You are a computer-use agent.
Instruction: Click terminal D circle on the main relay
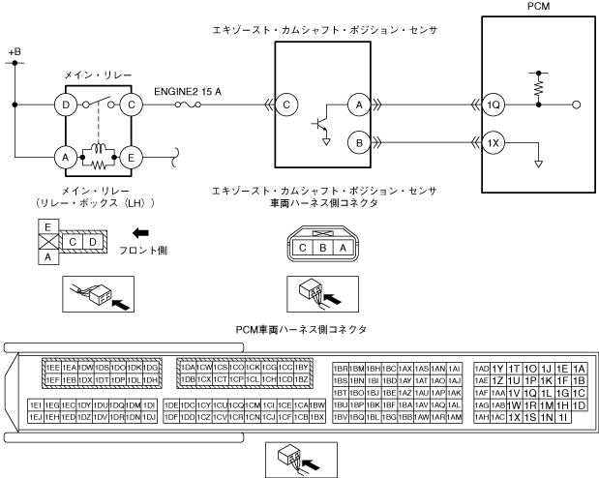pyautogui.click(x=65, y=105)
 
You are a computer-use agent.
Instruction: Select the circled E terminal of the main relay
pyautogui.click(x=133, y=155)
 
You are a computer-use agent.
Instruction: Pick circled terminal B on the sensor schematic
pyautogui.click(x=358, y=142)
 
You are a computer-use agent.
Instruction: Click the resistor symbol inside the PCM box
pyautogui.click(x=534, y=86)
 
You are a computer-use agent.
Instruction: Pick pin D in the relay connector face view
pyautogui.click(x=90, y=239)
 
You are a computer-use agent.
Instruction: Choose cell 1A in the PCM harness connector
pyautogui.click(x=579, y=368)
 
